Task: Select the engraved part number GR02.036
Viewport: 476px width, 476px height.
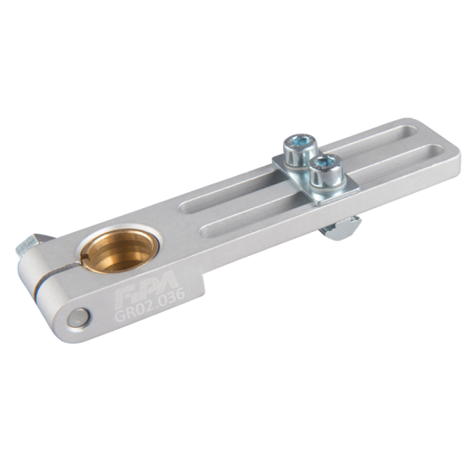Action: (150, 304)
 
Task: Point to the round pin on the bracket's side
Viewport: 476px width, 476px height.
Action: (77, 318)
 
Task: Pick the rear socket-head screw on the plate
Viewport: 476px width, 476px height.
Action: (300, 152)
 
